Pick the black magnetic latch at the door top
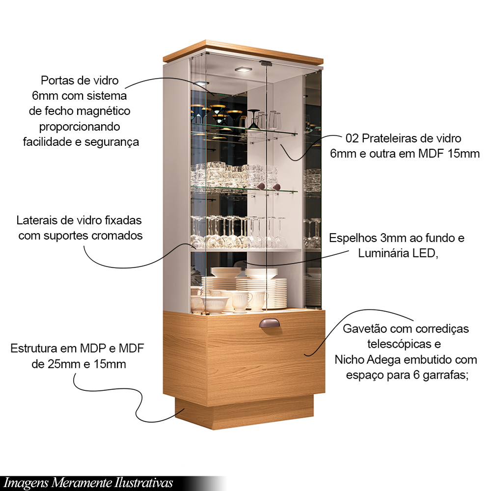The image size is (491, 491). pyautogui.click(x=266, y=63)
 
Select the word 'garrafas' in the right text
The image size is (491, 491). pyautogui.click(x=445, y=376)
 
